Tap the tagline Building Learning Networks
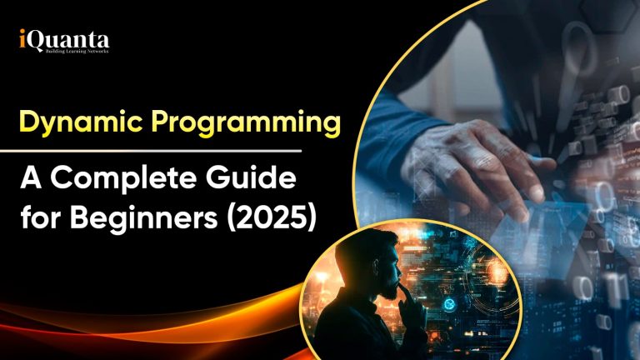(70, 51)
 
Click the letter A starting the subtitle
(30, 179)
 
